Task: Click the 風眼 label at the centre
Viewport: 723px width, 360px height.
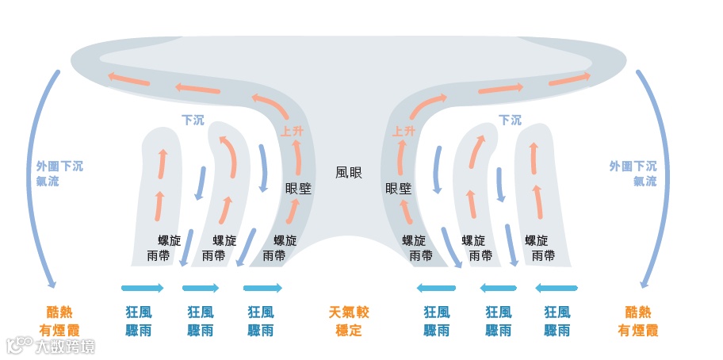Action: click(x=349, y=171)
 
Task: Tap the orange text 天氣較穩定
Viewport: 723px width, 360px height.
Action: click(x=349, y=321)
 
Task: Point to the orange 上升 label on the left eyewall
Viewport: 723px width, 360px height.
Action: click(x=292, y=132)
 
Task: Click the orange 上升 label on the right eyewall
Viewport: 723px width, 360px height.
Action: click(x=404, y=132)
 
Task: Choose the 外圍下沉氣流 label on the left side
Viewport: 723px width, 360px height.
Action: click(x=59, y=174)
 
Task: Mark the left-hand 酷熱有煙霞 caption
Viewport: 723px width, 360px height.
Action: click(x=59, y=321)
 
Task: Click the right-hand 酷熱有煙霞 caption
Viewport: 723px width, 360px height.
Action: click(x=637, y=321)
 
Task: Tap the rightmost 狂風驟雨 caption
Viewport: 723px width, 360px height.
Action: click(x=557, y=321)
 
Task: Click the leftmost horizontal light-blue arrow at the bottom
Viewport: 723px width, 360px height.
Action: click(x=143, y=288)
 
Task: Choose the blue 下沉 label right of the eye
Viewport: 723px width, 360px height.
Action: click(x=510, y=121)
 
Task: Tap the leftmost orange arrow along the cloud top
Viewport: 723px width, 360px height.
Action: click(x=128, y=80)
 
